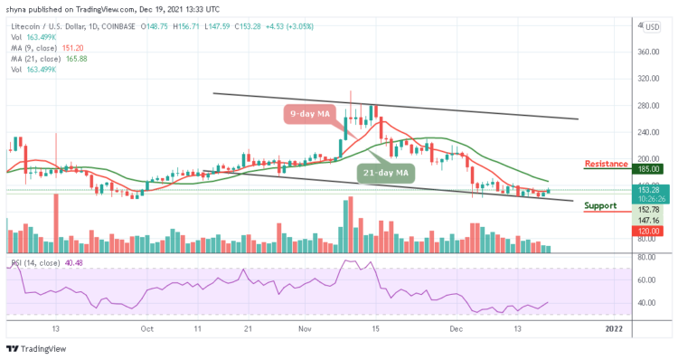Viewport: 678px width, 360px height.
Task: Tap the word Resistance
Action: tap(607, 164)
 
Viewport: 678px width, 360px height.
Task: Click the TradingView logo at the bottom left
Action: tap(34, 349)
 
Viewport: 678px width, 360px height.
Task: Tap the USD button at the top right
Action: tap(652, 26)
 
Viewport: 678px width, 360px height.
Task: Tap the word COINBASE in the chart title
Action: tap(128, 27)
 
